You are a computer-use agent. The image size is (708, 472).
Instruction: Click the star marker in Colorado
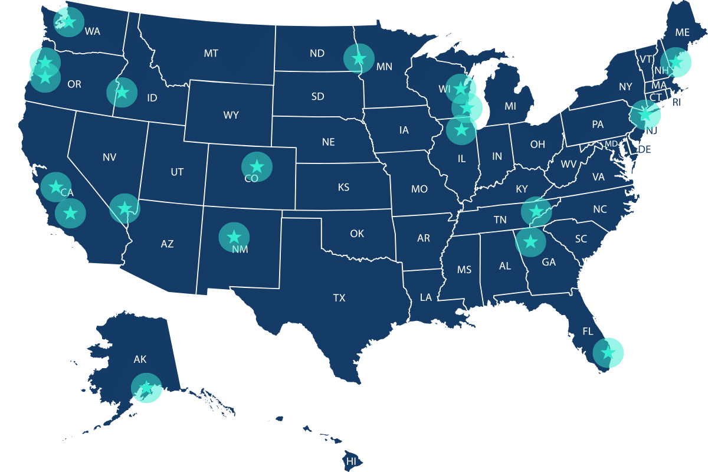(x=257, y=166)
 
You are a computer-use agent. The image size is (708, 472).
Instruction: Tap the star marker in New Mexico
(x=234, y=237)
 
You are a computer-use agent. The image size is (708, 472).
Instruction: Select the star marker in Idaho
(x=122, y=93)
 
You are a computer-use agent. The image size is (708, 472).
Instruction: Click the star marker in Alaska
(x=146, y=388)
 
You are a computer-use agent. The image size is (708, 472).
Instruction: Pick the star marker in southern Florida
(x=607, y=353)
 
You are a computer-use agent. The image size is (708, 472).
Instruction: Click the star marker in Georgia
(x=530, y=241)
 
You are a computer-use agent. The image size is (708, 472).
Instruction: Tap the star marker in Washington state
(x=68, y=22)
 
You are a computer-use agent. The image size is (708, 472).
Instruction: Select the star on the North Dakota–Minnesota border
(x=359, y=58)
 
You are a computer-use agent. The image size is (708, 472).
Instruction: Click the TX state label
(x=339, y=298)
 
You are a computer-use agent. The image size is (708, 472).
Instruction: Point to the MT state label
(x=211, y=54)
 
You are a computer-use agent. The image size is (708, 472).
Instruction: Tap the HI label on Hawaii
(x=352, y=461)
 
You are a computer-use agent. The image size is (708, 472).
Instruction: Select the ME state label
(x=682, y=33)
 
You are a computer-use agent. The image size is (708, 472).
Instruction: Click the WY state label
(x=231, y=115)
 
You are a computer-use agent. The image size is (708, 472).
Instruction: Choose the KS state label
(x=343, y=188)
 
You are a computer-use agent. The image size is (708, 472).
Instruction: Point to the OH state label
(x=537, y=145)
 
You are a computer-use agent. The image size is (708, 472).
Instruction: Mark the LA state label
(x=426, y=297)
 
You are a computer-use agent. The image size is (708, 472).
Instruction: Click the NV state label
(x=109, y=158)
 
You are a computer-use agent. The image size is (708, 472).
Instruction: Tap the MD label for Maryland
(x=611, y=144)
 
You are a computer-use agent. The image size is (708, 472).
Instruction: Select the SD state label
(x=317, y=96)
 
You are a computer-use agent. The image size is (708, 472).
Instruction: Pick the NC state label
(x=600, y=209)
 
